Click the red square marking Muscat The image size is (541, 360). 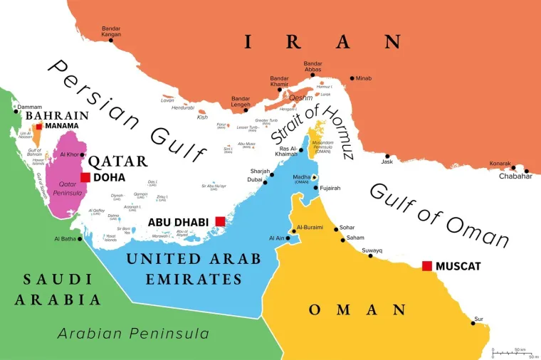426,265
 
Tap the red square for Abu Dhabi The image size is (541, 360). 220,221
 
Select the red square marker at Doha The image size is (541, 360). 85,177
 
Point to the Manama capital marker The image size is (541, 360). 39,126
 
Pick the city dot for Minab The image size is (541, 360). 352,78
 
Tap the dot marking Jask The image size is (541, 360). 387,156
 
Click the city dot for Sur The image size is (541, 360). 473,323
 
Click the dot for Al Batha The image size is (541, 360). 80,238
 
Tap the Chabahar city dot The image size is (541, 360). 527,171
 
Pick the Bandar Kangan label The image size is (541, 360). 110,32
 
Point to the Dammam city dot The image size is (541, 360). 15,110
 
